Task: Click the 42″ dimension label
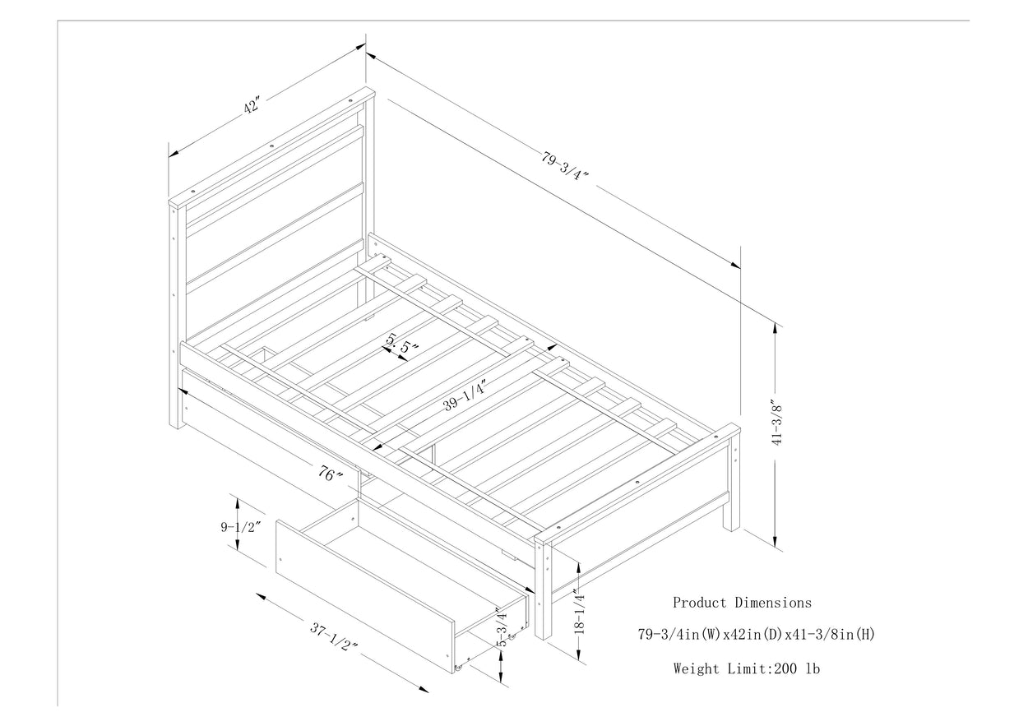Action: click(x=252, y=107)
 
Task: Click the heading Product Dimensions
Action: click(x=742, y=603)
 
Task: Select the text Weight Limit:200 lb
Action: click(x=746, y=668)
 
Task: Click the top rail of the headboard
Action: click(x=271, y=146)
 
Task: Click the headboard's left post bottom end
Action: click(x=174, y=423)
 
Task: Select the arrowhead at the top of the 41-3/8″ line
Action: click(x=775, y=323)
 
